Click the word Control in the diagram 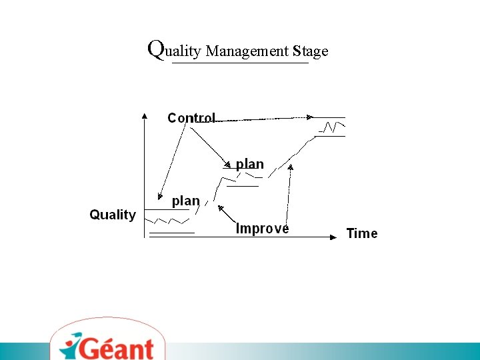click(191, 118)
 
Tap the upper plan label click(250, 164)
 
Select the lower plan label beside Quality click(186, 201)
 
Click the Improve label click(263, 229)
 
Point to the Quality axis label click(113, 215)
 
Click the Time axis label click(362, 233)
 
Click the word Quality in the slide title click(175, 50)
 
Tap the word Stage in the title click(311, 51)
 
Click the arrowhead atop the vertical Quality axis click(144, 115)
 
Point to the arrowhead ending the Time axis click(334, 236)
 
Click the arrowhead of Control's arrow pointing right click(309, 117)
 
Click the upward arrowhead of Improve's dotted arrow click(291, 167)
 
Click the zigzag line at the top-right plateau click(331, 127)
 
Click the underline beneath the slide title click(240, 63)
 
